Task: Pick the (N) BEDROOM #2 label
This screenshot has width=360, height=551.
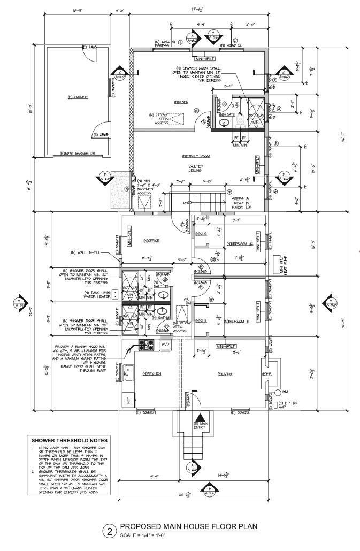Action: point(240,243)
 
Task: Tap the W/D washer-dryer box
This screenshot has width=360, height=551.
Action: point(165,345)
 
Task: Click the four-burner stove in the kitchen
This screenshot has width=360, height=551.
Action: point(146,345)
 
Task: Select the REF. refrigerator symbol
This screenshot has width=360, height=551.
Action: point(128,399)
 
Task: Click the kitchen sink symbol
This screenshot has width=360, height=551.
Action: point(128,373)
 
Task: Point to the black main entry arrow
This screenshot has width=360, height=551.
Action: point(200,418)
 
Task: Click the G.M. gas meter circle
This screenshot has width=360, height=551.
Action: point(278,392)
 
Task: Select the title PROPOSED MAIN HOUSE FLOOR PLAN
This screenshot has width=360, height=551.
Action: point(188,527)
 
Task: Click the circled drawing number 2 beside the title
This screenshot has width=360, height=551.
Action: point(110,531)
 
